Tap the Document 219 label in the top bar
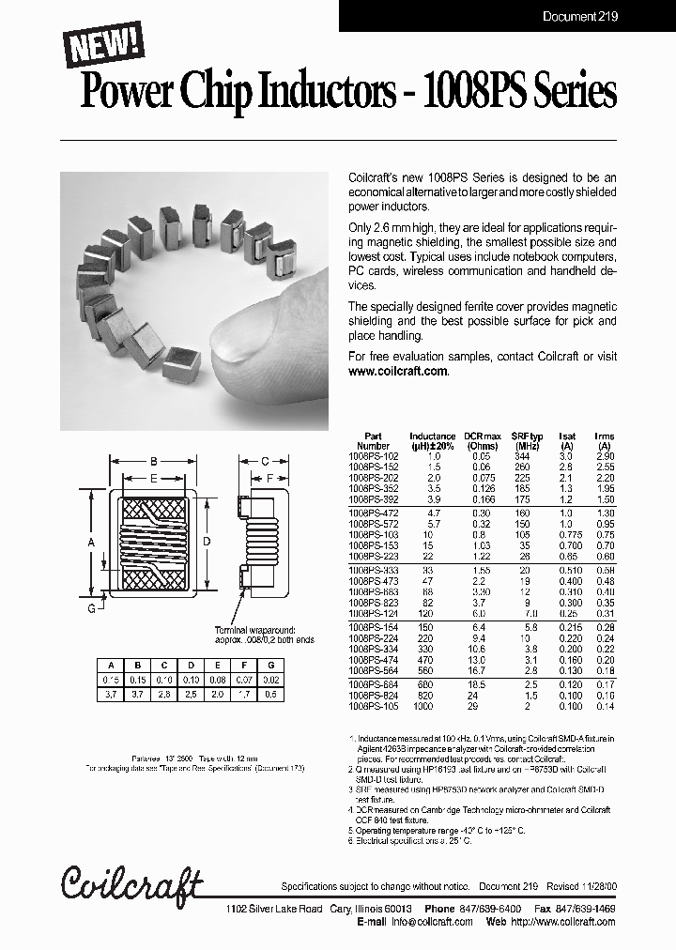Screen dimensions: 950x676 pos(580,16)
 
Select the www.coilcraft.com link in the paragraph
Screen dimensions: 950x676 pos(398,371)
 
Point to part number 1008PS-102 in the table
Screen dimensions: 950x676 pos(372,454)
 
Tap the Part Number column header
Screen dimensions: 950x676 pos(373,441)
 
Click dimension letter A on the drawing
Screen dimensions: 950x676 pos(91,543)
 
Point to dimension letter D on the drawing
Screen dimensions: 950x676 pos(207,541)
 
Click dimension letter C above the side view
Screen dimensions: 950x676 pos(265,461)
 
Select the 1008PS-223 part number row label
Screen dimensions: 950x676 pos(372,556)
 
